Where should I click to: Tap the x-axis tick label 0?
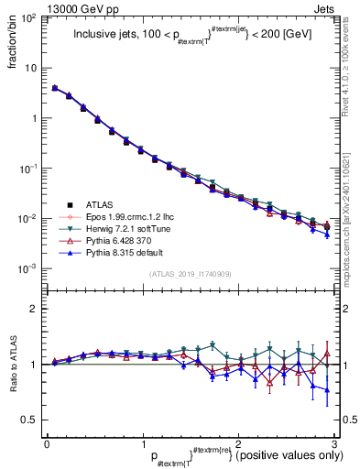coord(47,444)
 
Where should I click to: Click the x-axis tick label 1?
coord(142,444)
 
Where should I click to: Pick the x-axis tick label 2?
coord(237,444)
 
